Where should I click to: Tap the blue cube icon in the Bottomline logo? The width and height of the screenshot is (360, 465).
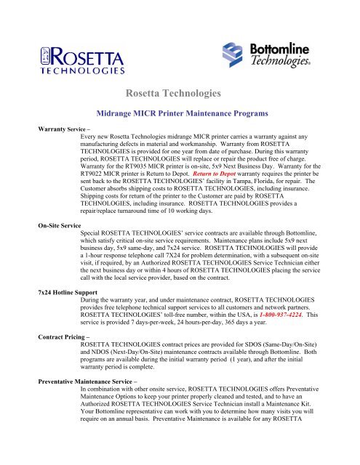[x=235, y=56]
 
